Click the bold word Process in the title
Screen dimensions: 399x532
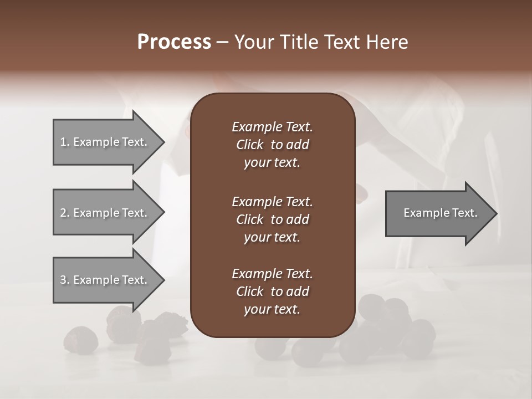174,42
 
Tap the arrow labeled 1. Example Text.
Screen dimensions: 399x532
105,142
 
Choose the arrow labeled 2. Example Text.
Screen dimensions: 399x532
105,213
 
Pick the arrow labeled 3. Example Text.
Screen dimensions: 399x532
105,280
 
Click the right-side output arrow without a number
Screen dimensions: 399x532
438,213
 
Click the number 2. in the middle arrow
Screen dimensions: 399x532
65,213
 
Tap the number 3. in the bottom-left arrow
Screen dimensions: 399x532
65,280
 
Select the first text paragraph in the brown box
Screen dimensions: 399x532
272,145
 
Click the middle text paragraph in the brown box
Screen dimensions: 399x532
272,219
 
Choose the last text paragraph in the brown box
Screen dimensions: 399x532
272,291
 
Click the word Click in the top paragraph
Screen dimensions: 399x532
249,145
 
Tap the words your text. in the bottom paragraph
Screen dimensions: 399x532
272,309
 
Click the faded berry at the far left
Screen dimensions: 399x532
80,339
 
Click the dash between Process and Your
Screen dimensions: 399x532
222,43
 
